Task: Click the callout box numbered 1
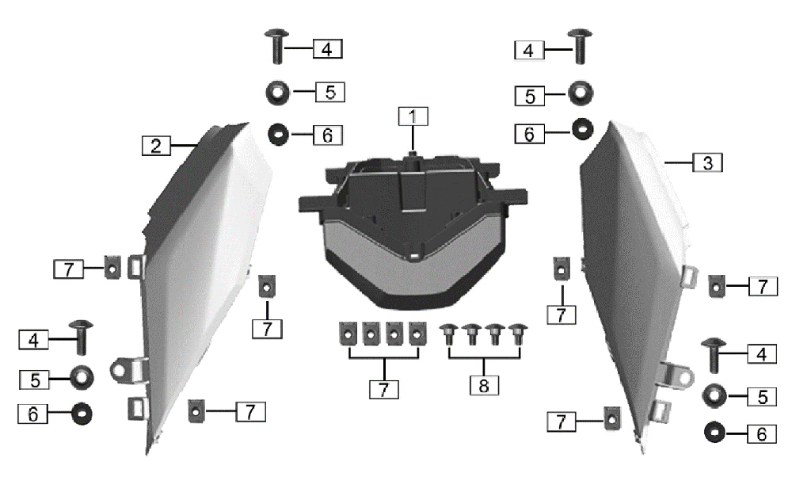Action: (x=413, y=116)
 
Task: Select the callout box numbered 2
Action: (x=156, y=146)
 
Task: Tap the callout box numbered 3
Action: (x=707, y=162)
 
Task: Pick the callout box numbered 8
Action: (x=484, y=385)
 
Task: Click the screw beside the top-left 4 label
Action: (x=276, y=47)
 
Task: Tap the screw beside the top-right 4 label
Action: (x=580, y=47)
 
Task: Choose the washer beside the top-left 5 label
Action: (x=277, y=93)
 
